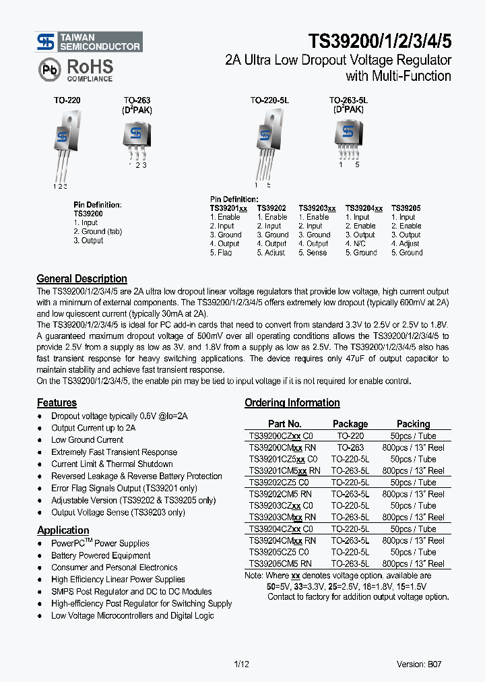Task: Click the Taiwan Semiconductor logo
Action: point(88,42)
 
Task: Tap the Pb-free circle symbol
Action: point(48,69)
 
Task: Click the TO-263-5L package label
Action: point(348,100)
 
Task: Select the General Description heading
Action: point(82,279)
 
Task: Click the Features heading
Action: point(57,403)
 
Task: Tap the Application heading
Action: point(63,530)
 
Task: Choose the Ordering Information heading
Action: point(292,403)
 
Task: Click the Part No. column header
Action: point(284,424)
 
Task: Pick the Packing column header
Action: point(413,424)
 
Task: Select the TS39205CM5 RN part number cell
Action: point(281,563)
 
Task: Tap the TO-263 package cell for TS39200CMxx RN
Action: point(350,447)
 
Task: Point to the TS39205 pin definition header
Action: point(406,209)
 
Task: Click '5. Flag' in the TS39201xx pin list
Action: point(221,253)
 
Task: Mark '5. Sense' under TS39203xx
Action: point(313,253)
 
